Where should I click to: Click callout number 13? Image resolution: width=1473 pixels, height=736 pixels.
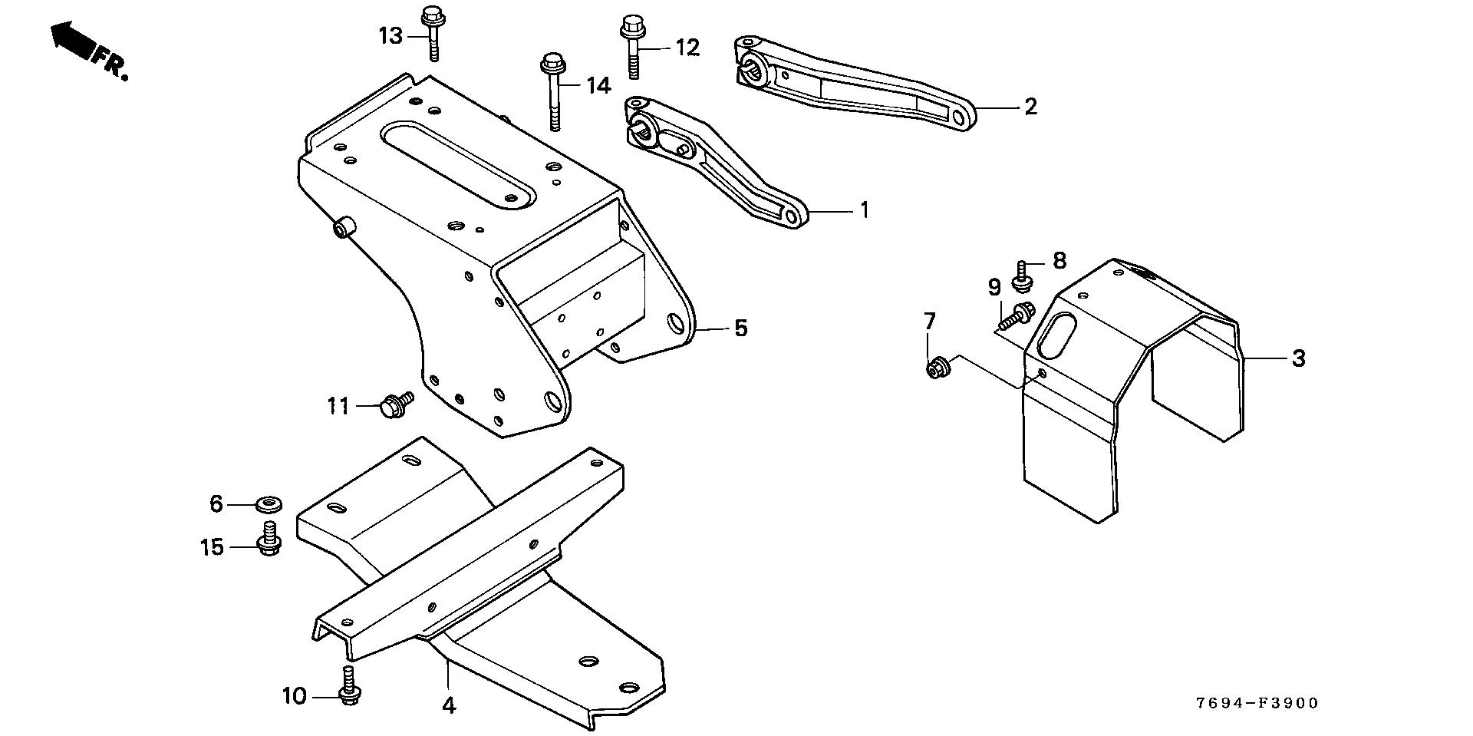point(390,36)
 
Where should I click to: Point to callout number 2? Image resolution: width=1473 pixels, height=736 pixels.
point(1030,107)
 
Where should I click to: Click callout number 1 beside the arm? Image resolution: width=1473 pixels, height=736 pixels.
point(865,209)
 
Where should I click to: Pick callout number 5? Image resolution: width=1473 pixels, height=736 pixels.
point(740,328)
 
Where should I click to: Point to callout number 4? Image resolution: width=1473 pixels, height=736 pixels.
point(449,705)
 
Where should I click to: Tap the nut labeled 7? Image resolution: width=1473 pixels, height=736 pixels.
point(936,368)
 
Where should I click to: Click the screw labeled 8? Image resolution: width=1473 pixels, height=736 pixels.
point(1022,277)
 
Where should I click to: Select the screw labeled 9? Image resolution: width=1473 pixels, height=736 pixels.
point(1017,314)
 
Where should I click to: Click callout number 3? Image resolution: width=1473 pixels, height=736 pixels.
point(1298,358)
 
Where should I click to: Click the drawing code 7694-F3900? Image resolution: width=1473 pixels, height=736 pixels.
point(1257,703)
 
